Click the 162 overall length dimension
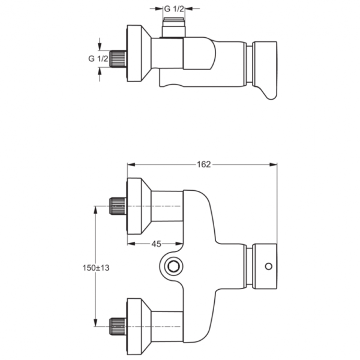[204, 165]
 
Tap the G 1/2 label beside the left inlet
[97, 58]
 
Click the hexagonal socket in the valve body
[173, 266]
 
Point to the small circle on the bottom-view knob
[268, 266]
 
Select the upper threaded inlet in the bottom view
[118, 207]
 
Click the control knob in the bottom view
[264, 266]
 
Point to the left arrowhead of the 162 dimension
[130, 165]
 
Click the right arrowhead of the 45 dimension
[179, 244]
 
